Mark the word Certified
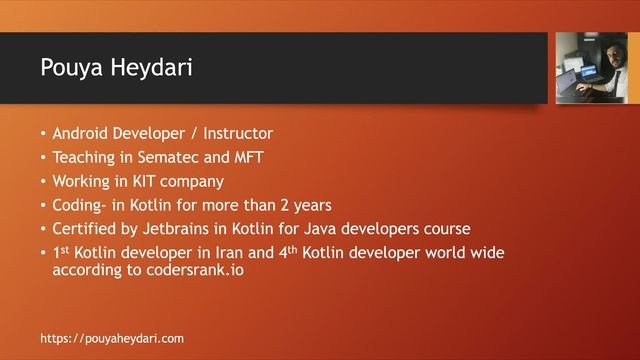tap(85, 229)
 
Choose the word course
tap(443, 229)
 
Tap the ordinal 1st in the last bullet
tap(62, 253)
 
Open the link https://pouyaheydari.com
tap(112, 338)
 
